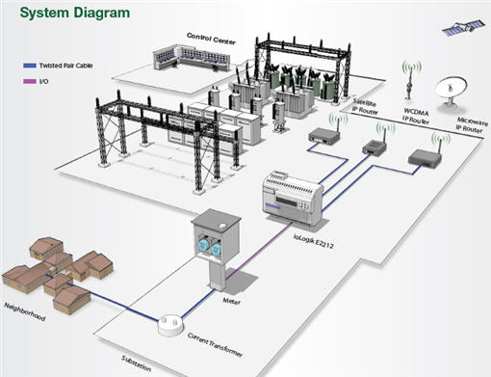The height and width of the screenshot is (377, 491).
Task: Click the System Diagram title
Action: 73,13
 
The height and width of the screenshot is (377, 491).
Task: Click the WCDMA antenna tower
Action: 410,83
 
